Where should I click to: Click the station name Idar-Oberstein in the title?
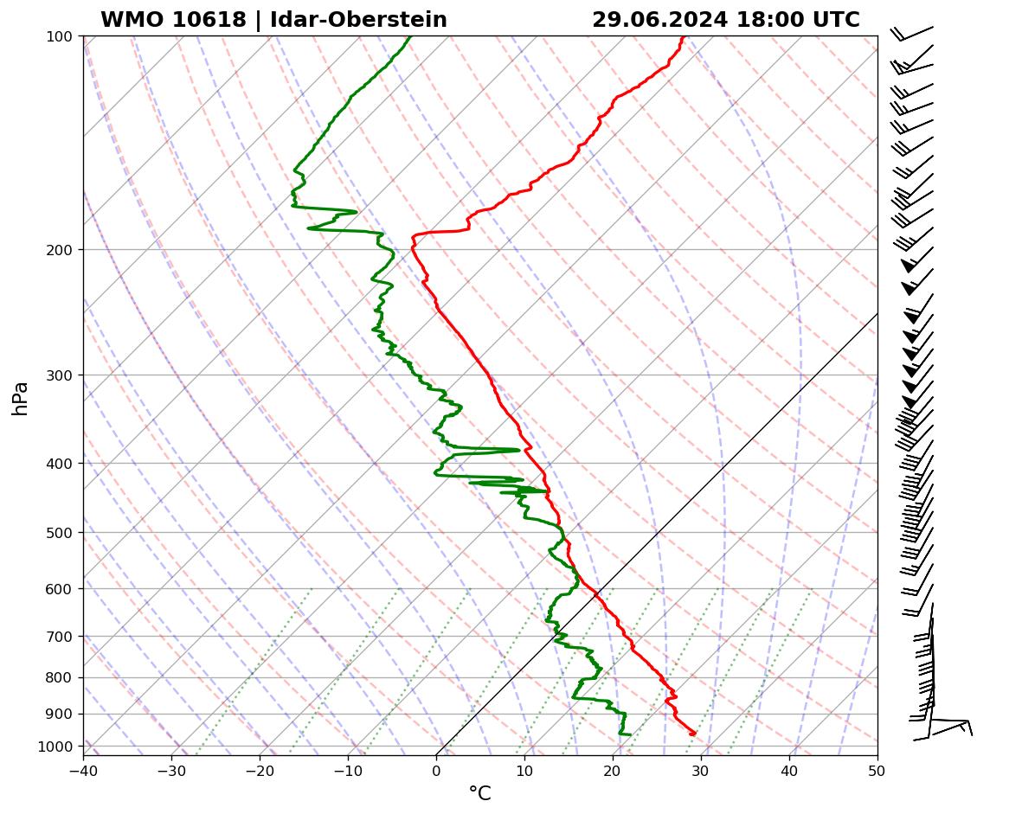click(x=358, y=20)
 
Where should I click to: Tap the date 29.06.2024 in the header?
click(x=659, y=20)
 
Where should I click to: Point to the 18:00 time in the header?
click(x=762, y=20)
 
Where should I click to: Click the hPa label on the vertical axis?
click(x=21, y=398)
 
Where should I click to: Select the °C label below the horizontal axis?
click(x=479, y=793)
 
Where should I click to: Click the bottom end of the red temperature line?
click(x=693, y=734)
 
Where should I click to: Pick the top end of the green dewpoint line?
click(x=410, y=36)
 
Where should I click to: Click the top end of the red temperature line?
click(x=683, y=36)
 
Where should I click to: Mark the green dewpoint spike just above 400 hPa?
click(x=518, y=450)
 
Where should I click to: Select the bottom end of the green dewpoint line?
click(x=629, y=734)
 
